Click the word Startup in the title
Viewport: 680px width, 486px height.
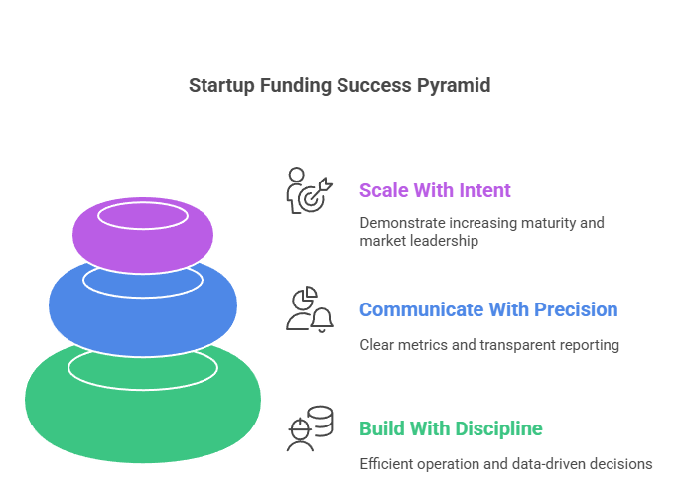(x=221, y=86)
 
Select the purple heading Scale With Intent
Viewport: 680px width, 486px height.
(x=435, y=190)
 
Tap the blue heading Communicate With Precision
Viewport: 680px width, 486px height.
(x=487, y=309)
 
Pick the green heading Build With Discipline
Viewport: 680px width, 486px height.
(x=451, y=428)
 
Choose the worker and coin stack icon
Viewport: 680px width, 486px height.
(x=309, y=428)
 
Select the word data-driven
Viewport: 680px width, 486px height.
(x=551, y=463)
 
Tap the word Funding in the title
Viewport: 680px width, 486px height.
(x=294, y=86)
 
